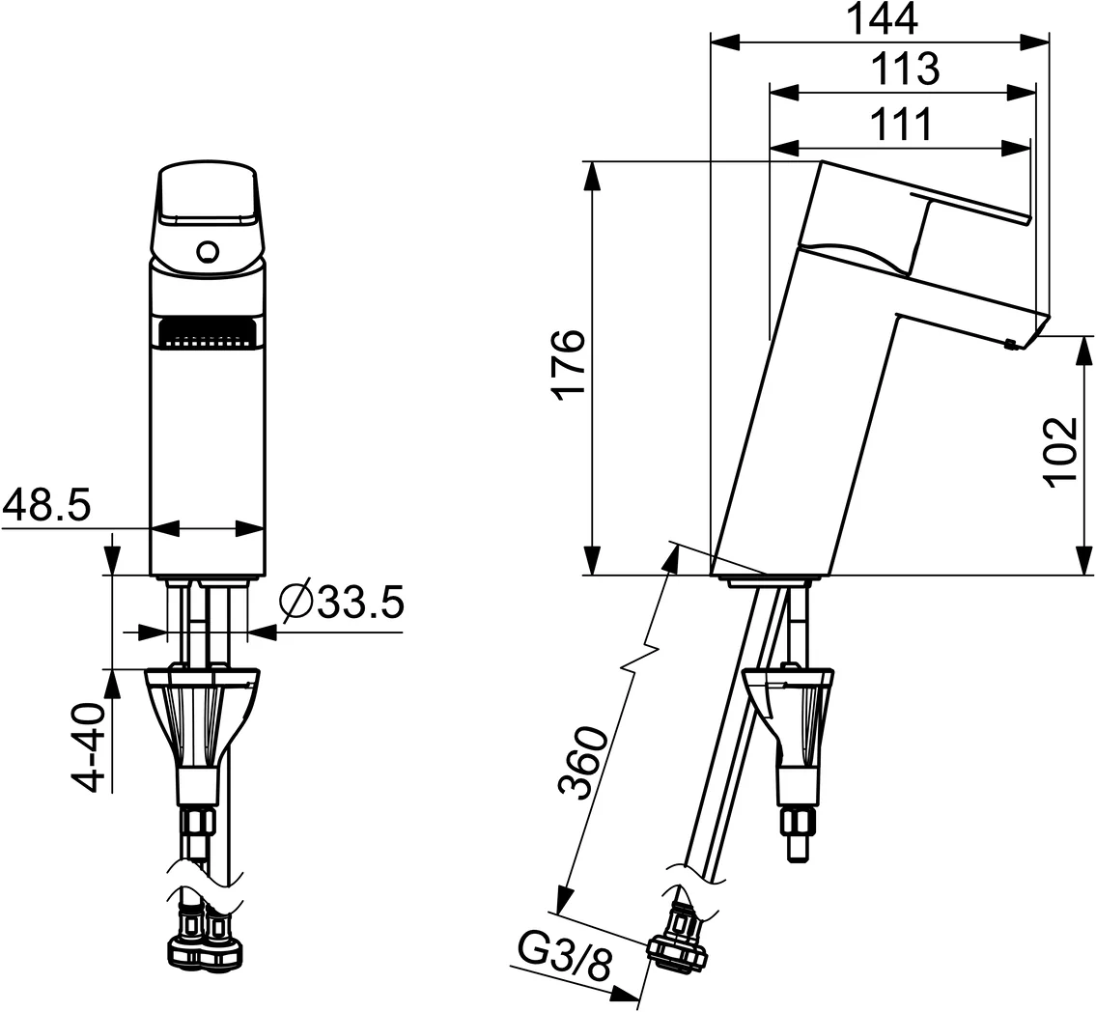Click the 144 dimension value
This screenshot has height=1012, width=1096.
pyautogui.click(x=882, y=19)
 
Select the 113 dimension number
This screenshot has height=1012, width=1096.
pyautogui.click(x=905, y=69)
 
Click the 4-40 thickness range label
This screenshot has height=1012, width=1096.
pyautogui.click(x=90, y=747)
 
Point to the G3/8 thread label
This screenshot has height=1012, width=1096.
pyautogui.click(x=565, y=959)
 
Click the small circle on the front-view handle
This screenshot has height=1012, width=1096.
pyautogui.click(x=206, y=252)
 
